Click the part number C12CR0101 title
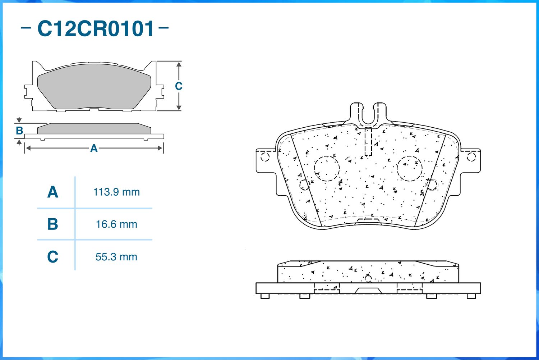[x=96, y=28]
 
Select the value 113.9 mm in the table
[x=116, y=192]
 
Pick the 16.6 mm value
[x=116, y=224]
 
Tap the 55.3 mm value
[x=116, y=257]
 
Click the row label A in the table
[x=53, y=192]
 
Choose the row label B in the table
[x=53, y=224]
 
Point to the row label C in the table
[x=53, y=257]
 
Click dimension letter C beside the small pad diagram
[x=179, y=86]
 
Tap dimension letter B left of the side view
[x=19, y=131]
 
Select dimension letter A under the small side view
[x=94, y=148]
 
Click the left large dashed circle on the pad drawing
[x=327, y=168]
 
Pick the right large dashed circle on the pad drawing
[x=410, y=168]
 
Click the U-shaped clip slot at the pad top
[x=368, y=114]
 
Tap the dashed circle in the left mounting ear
[x=265, y=157]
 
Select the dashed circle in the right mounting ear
[x=471, y=157]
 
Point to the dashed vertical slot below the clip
[x=368, y=142]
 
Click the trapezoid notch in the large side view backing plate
[x=368, y=291]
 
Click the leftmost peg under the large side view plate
[x=265, y=296]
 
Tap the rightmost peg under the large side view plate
[x=471, y=296]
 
